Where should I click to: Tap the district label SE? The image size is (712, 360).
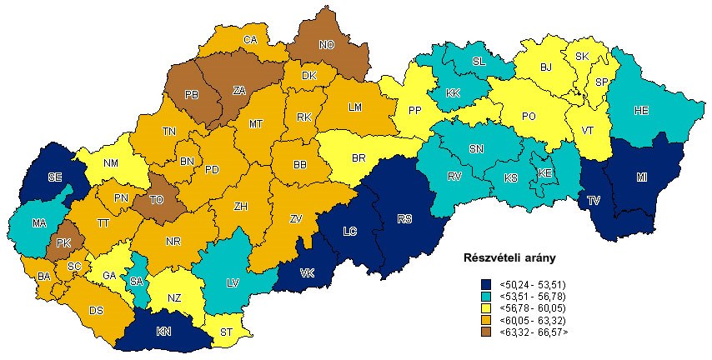pyautogui.click(x=55, y=177)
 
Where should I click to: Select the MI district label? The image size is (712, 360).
pyautogui.click(x=641, y=177)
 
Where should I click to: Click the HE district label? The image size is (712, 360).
pyautogui.click(x=641, y=111)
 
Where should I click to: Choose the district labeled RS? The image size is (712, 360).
pyautogui.click(x=404, y=219)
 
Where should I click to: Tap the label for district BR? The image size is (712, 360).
pyautogui.click(x=359, y=157)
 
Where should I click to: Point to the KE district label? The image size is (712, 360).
pyautogui.click(x=545, y=172)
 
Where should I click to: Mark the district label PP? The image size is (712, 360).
pyautogui.click(x=414, y=111)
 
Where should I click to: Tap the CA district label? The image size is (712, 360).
pyautogui.click(x=249, y=39)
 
